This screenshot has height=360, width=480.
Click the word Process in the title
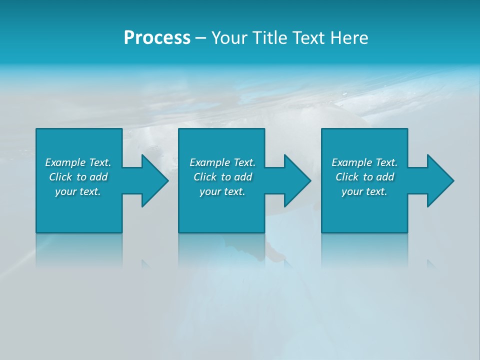click(157, 38)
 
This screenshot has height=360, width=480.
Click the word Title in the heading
click(268, 38)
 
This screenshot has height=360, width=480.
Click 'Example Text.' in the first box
click(78, 162)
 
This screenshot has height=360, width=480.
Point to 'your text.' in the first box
click(78, 191)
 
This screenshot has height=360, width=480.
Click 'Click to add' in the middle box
click(222, 177)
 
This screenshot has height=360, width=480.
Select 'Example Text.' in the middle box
click(222, 162)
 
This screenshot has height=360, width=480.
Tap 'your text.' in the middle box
click(222, 191)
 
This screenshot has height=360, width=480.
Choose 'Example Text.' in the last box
click(364, 162)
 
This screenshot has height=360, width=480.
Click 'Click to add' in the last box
click(364, 177)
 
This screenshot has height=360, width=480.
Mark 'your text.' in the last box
click(364, 191)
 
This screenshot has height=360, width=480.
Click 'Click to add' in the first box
click(78, 177)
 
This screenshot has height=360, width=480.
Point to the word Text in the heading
click(305, 38)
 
